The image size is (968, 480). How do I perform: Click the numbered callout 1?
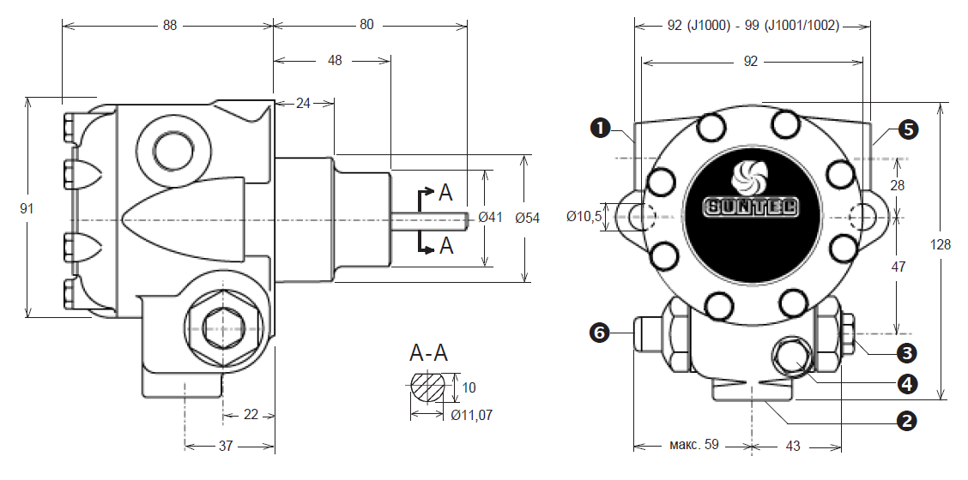click(x=600, y=129)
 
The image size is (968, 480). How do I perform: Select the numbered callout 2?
click(x=905, y=421)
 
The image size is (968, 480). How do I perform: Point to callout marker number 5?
click(x=909, y=129)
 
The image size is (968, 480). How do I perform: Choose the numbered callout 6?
click(x=600, y=333)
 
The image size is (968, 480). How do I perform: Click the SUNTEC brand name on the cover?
click(x=751, y=207)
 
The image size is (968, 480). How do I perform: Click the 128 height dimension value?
click(x=941, y=245)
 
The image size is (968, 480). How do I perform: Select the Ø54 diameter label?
click(x=527, y=218)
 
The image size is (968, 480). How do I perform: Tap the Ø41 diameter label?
click(x=491, y=217)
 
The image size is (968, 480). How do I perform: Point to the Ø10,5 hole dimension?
click(x=584, y=216)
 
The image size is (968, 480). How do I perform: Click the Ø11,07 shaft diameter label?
click(x=472, y=415)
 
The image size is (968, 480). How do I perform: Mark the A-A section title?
click(x=428, y=353)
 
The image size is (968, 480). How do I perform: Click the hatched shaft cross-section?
click(x=427, y=387)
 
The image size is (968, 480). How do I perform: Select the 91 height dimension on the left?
click(x=27, y=209)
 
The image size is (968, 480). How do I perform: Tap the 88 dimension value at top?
click(x=169, y=26)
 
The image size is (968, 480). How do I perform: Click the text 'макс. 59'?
click(x=694, y=444)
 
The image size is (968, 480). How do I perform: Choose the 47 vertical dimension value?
click(x=898, y=267)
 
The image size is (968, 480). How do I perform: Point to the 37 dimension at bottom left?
click(x=226, y=446)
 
